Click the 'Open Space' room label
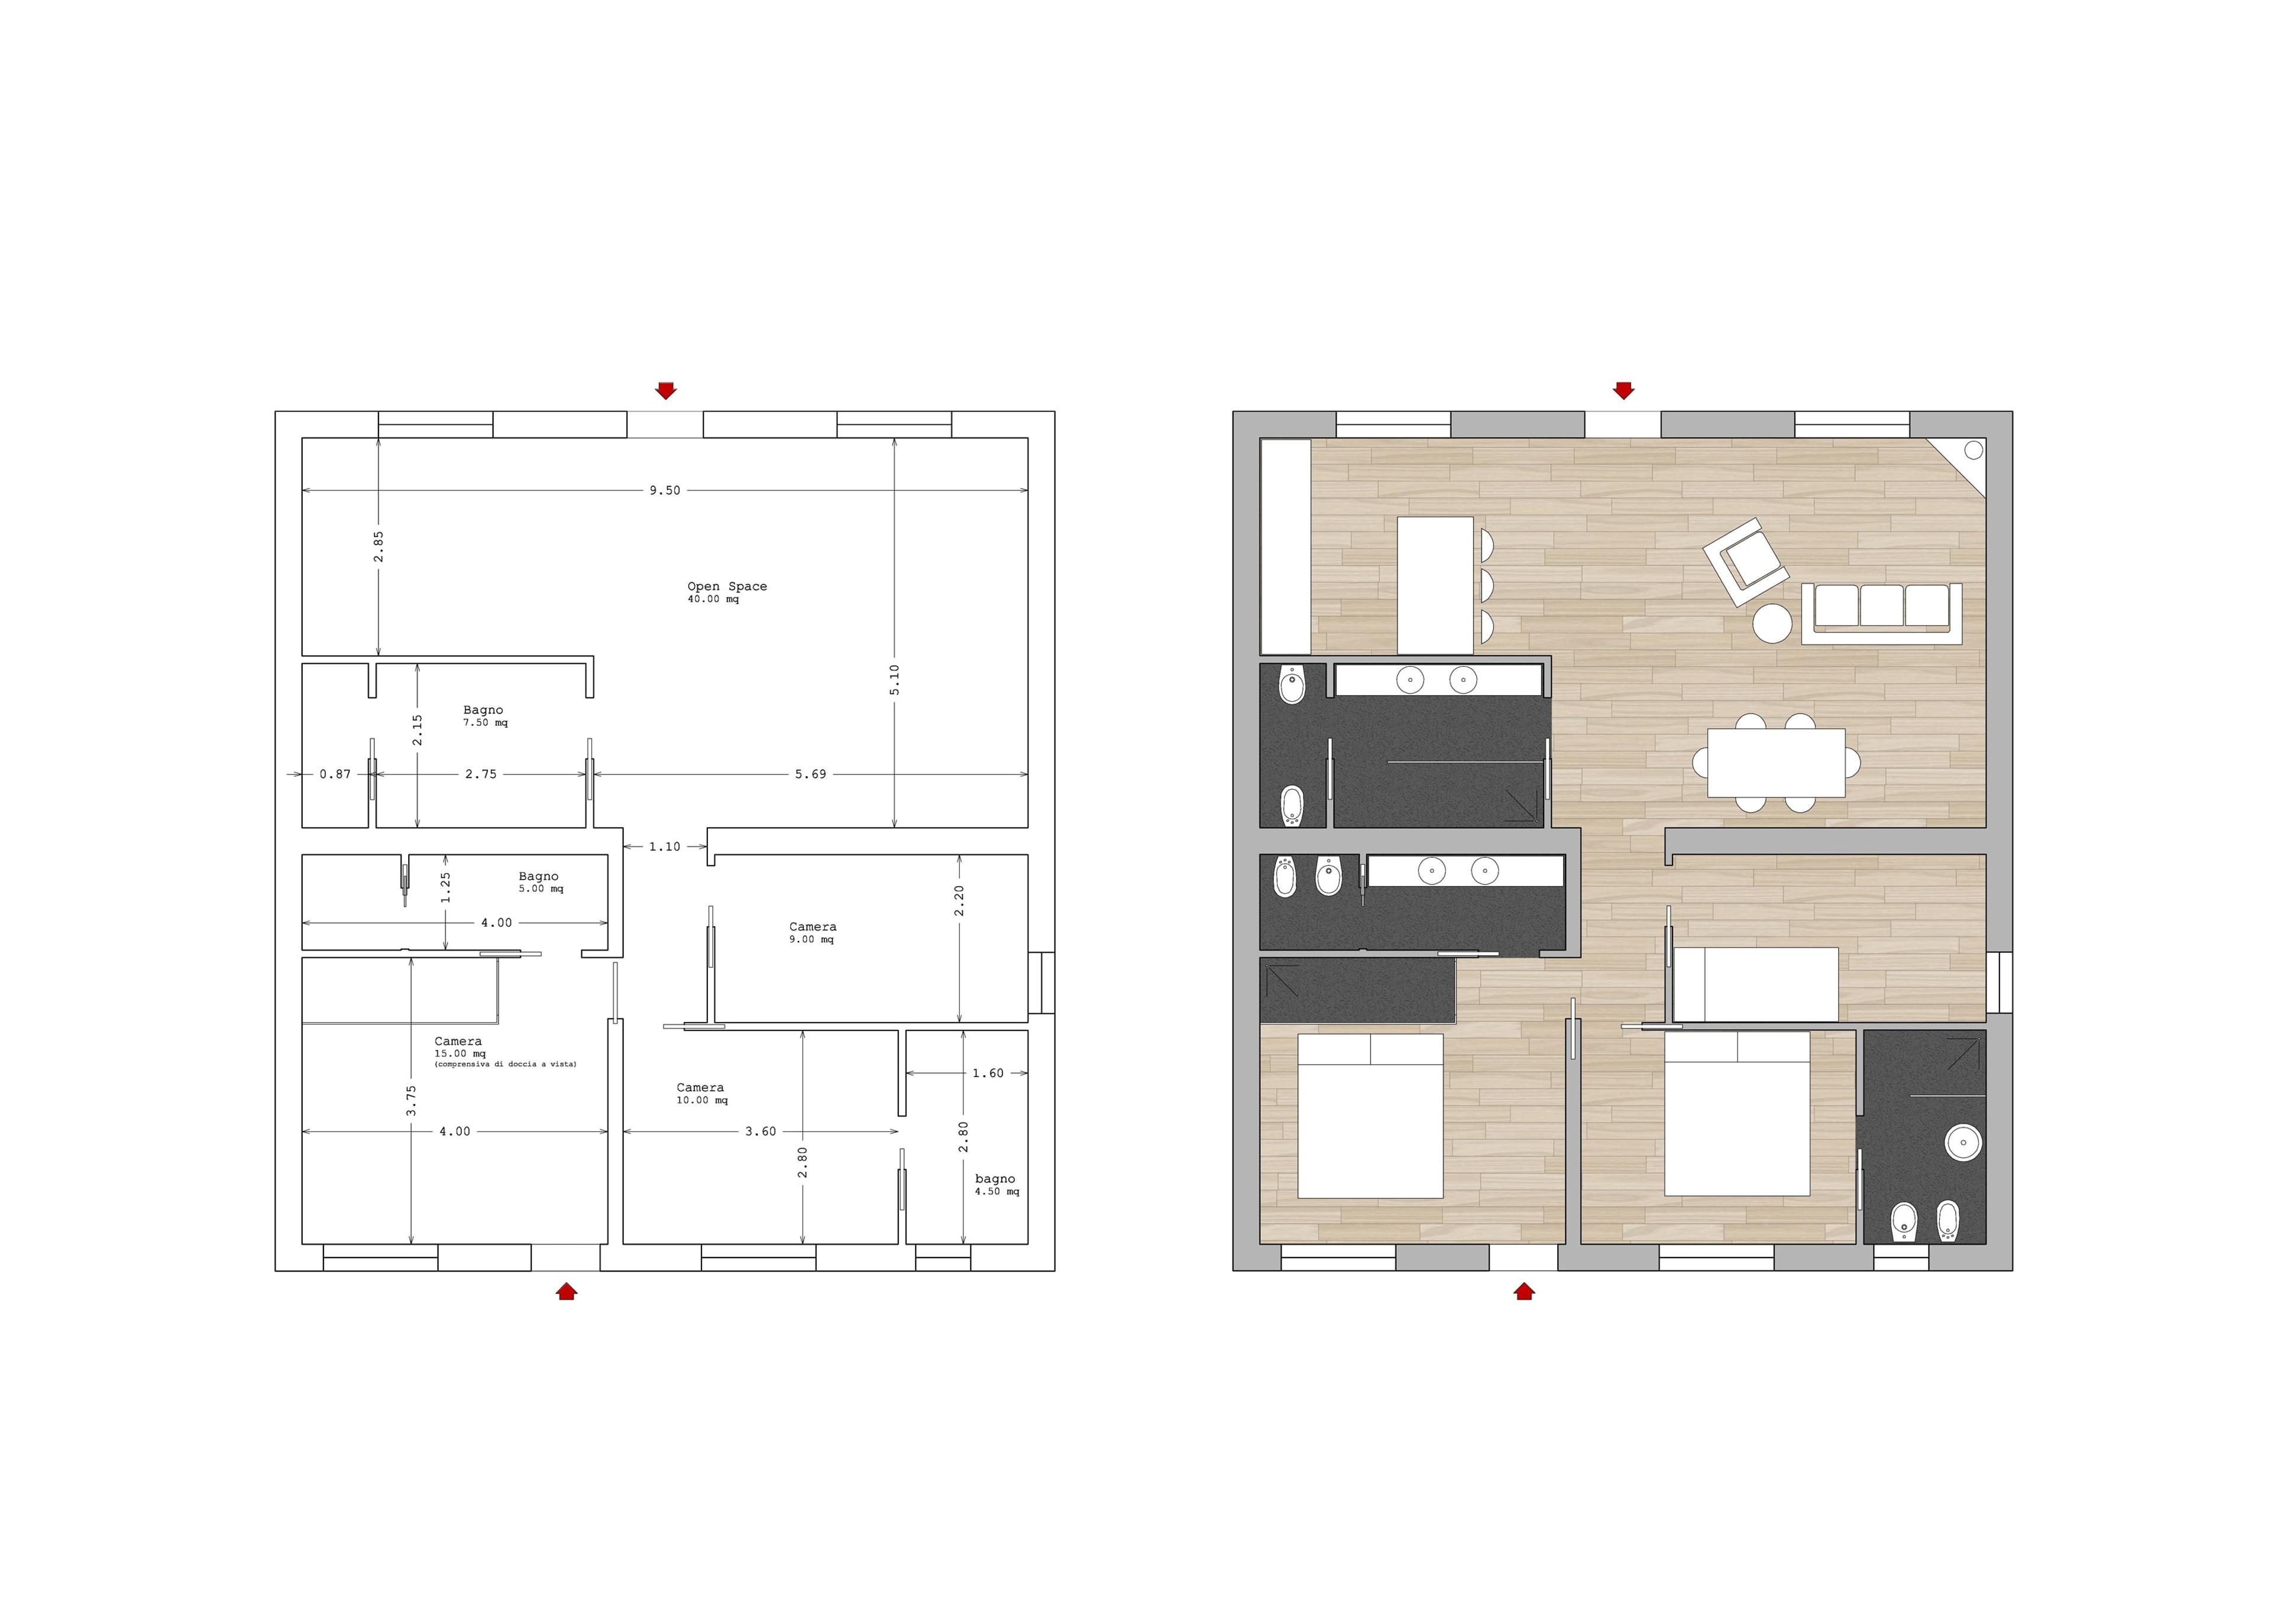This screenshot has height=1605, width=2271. pyautogui.click(x=727, y=586)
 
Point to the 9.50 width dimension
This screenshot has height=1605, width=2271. pyautogui.click(x=665, y=491)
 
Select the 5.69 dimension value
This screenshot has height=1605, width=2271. pyautogui.click(x=810, y=774)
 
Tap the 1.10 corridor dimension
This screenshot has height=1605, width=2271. pyautogui.click(x=665, y=847)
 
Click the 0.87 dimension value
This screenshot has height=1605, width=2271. pyautogui.click(x=335, y=774)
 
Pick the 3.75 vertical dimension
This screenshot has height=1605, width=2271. pyautogui.click(x=412, y=1101)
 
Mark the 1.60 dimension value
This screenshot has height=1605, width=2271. pyautogui.click(x=988, y=1073)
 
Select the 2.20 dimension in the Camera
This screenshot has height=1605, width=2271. pyautogui.click(x=959, y=901)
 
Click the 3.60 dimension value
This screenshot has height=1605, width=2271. pyautogui.click(x=761, y=1131)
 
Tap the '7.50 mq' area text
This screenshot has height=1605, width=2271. pyautogui.click(x=486, y=723)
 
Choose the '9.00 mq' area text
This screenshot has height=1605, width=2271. pyautogui.click(x=811, y=939)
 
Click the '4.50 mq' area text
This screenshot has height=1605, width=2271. pyautogui.click(x=997, y=1192)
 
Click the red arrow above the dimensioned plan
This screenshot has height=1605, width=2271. pyautogui.click(x=666, y=391)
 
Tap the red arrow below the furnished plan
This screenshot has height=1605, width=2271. pyautogui.click(x=1524, y=1291)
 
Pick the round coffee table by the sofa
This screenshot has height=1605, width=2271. pyautogui.click(x=1772, y=623)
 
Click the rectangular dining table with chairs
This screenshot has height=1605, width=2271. pyautogui.click(x=1777, y=763)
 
